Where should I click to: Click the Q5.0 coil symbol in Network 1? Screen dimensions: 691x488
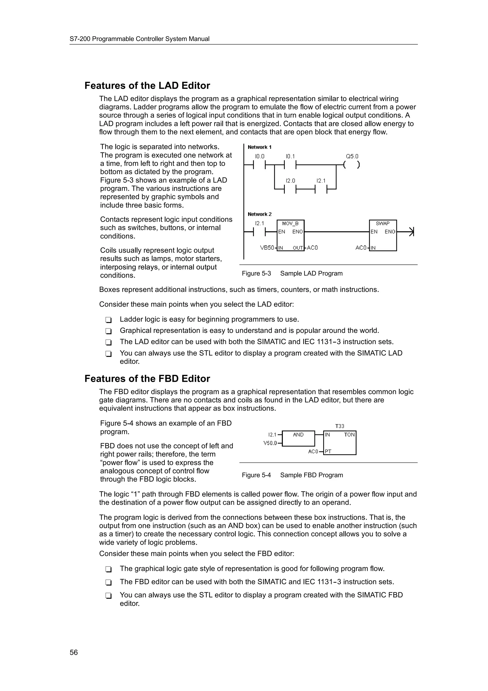[351, 165]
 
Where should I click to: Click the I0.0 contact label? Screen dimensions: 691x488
[259, 156]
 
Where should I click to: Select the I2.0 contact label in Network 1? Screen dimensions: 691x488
[290, 181]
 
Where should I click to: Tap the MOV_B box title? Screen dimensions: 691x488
[290, 224]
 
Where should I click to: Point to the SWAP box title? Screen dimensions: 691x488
[382, 224]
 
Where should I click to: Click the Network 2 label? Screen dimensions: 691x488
[259, 214]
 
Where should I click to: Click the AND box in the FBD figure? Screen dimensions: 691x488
[298, 438]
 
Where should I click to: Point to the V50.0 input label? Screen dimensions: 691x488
[270, 443]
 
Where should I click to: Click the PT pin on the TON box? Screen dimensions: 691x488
[328, 451]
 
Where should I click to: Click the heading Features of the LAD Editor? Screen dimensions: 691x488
[147, 86]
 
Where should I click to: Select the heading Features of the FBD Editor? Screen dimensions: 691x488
[147, 379]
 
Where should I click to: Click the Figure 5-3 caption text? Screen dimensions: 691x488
[292, 273]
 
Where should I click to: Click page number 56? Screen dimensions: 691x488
[74, 652]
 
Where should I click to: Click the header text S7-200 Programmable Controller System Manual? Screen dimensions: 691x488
[140, 39]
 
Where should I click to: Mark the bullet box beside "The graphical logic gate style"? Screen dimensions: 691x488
[108, 569]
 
